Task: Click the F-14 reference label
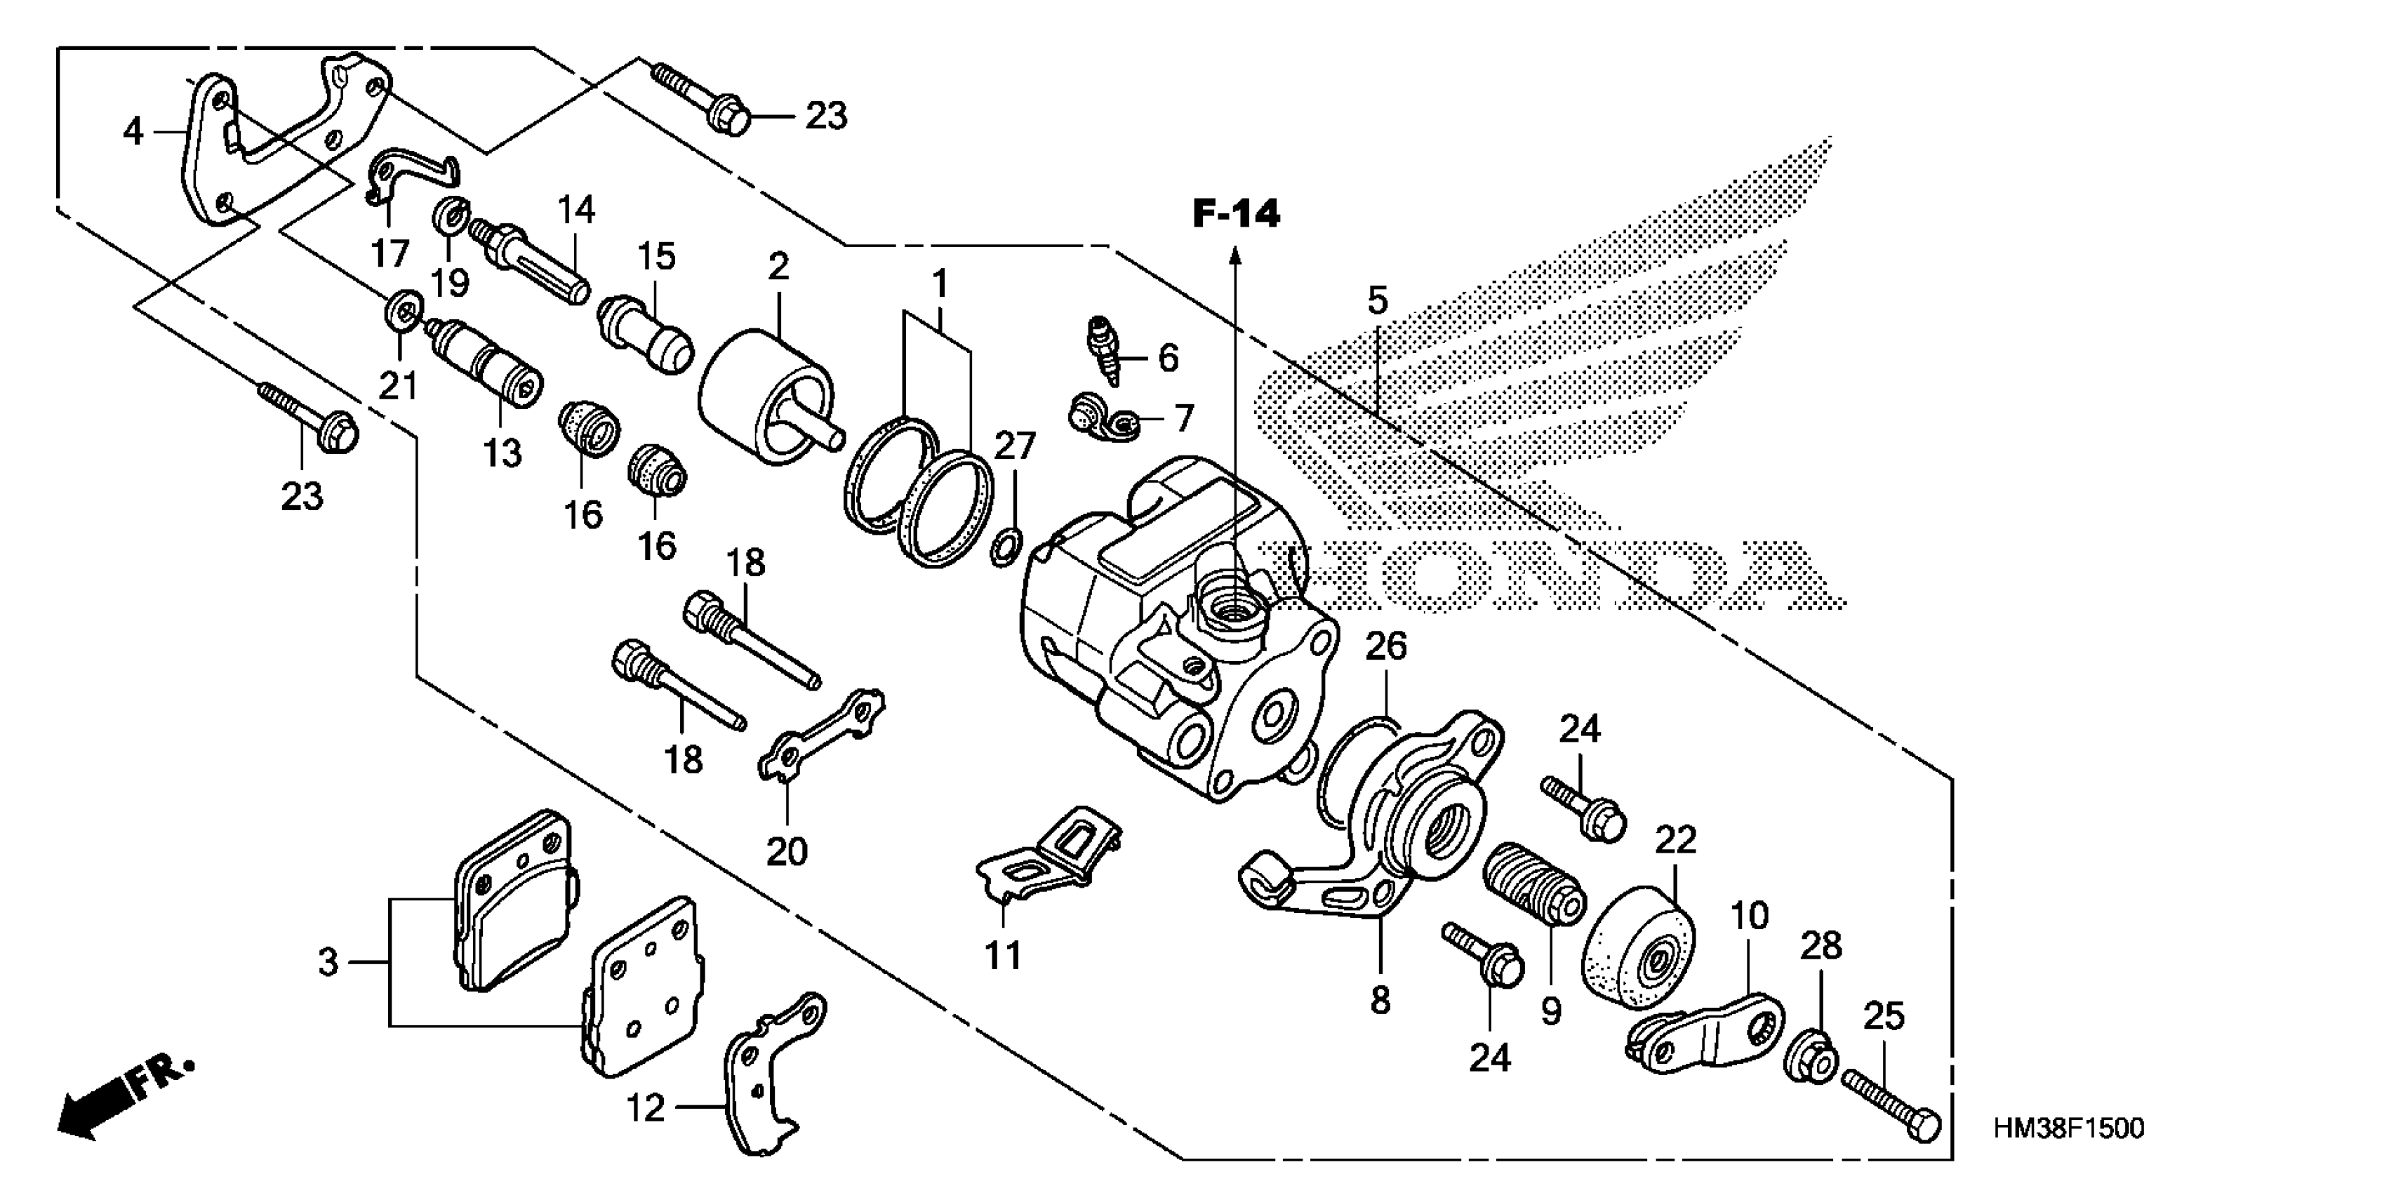pos(1236,215)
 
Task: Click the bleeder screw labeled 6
pos(1104,349)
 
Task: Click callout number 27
pos(1014,446)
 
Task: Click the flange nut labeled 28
pos(1809,1058)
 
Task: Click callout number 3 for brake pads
pos(328,962)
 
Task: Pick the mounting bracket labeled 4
pos(279,140)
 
